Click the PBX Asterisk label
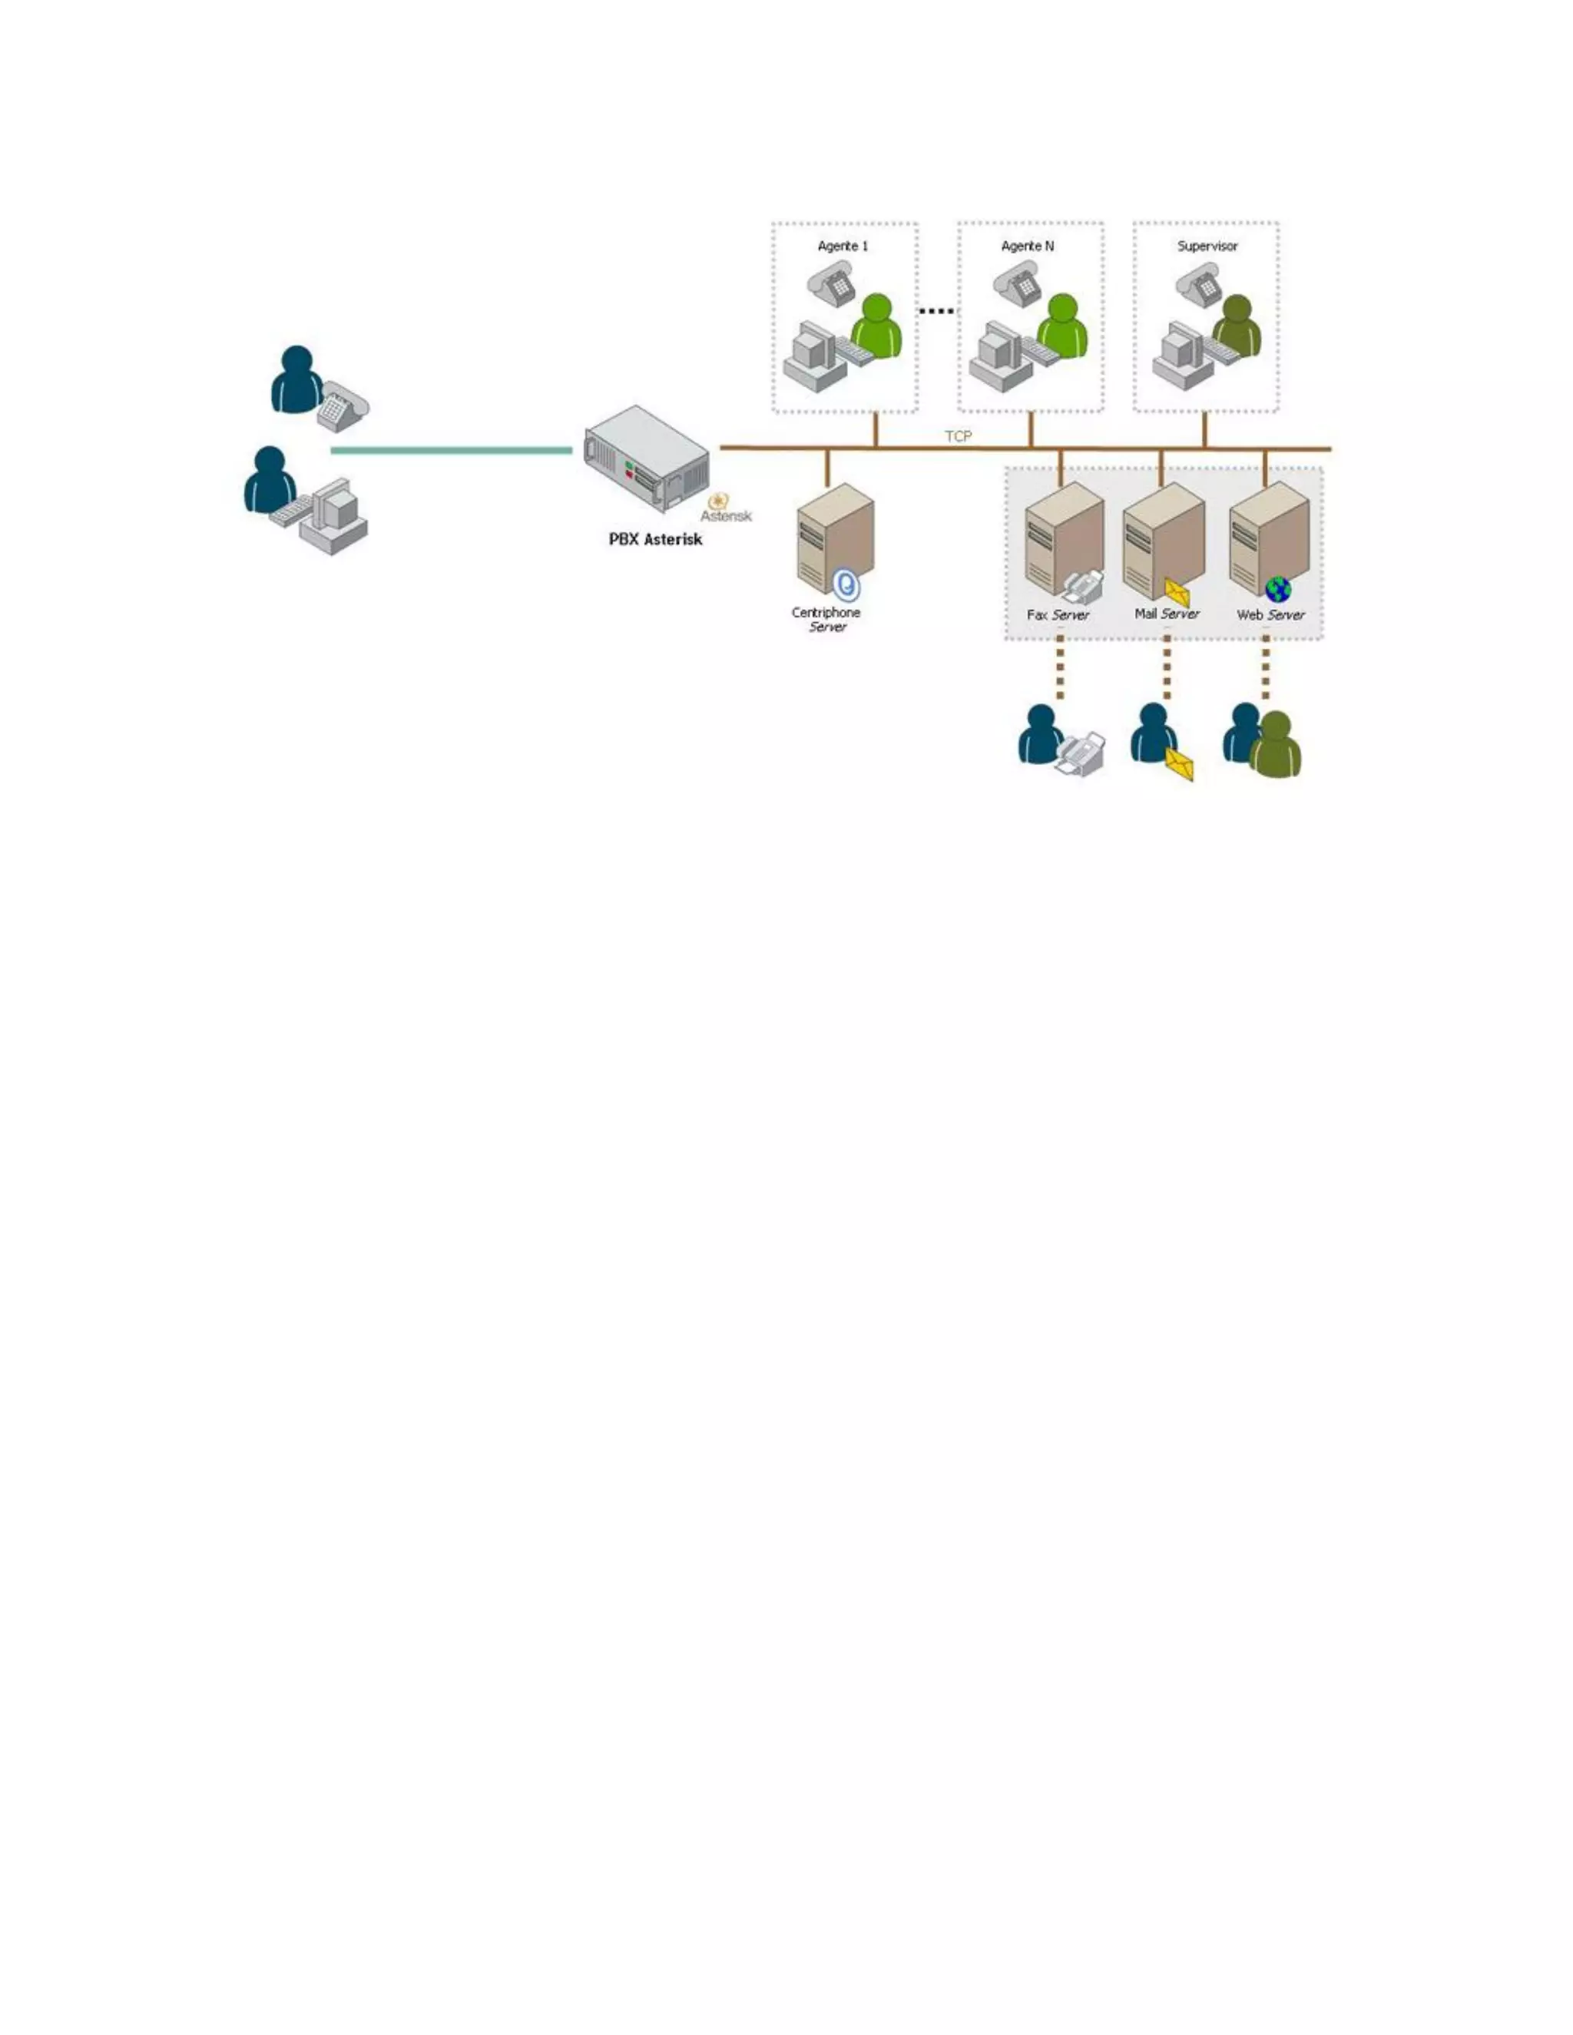click(x=655, y=540)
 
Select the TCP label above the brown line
click(x=958, y=436)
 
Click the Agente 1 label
click(x=843, y=246)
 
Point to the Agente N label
click(x=1027, y=246)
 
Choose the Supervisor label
click(x=1207, y=246)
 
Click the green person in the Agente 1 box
click(x=876, y=326)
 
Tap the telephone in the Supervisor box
click(x=1198, y=284)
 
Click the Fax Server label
click(x=1058, y=615)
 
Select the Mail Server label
click(x=1167, y=614)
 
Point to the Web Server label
click(x=1270, y=615)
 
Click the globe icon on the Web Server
click(x=1277, y=589)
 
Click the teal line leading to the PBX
click(x=451, y=451)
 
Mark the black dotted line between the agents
click(x=936, y=310)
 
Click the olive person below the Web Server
click(x=1276, y=746)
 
